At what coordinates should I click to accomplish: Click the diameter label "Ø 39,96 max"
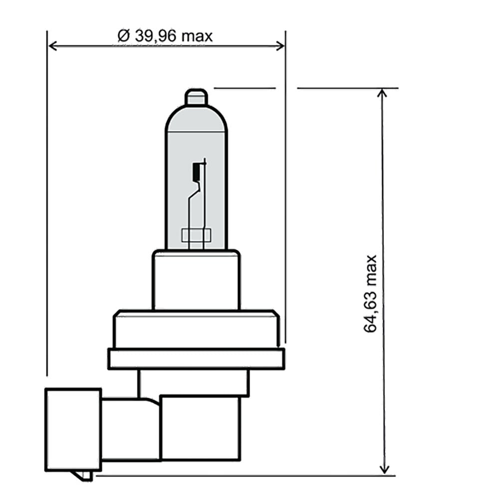[x=165, y=36]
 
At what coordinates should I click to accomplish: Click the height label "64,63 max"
[x=370, y=294]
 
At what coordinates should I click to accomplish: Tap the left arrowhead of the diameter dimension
[x=53, y=46]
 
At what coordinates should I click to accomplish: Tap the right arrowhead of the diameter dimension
[x=280, y=46]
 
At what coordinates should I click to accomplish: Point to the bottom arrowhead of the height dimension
[x=384, y=470]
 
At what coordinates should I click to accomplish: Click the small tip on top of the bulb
[x=196, y=97]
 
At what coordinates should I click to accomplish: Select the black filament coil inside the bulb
[x=195, y=171]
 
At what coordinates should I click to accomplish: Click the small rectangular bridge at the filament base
[x=196, y=235]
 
